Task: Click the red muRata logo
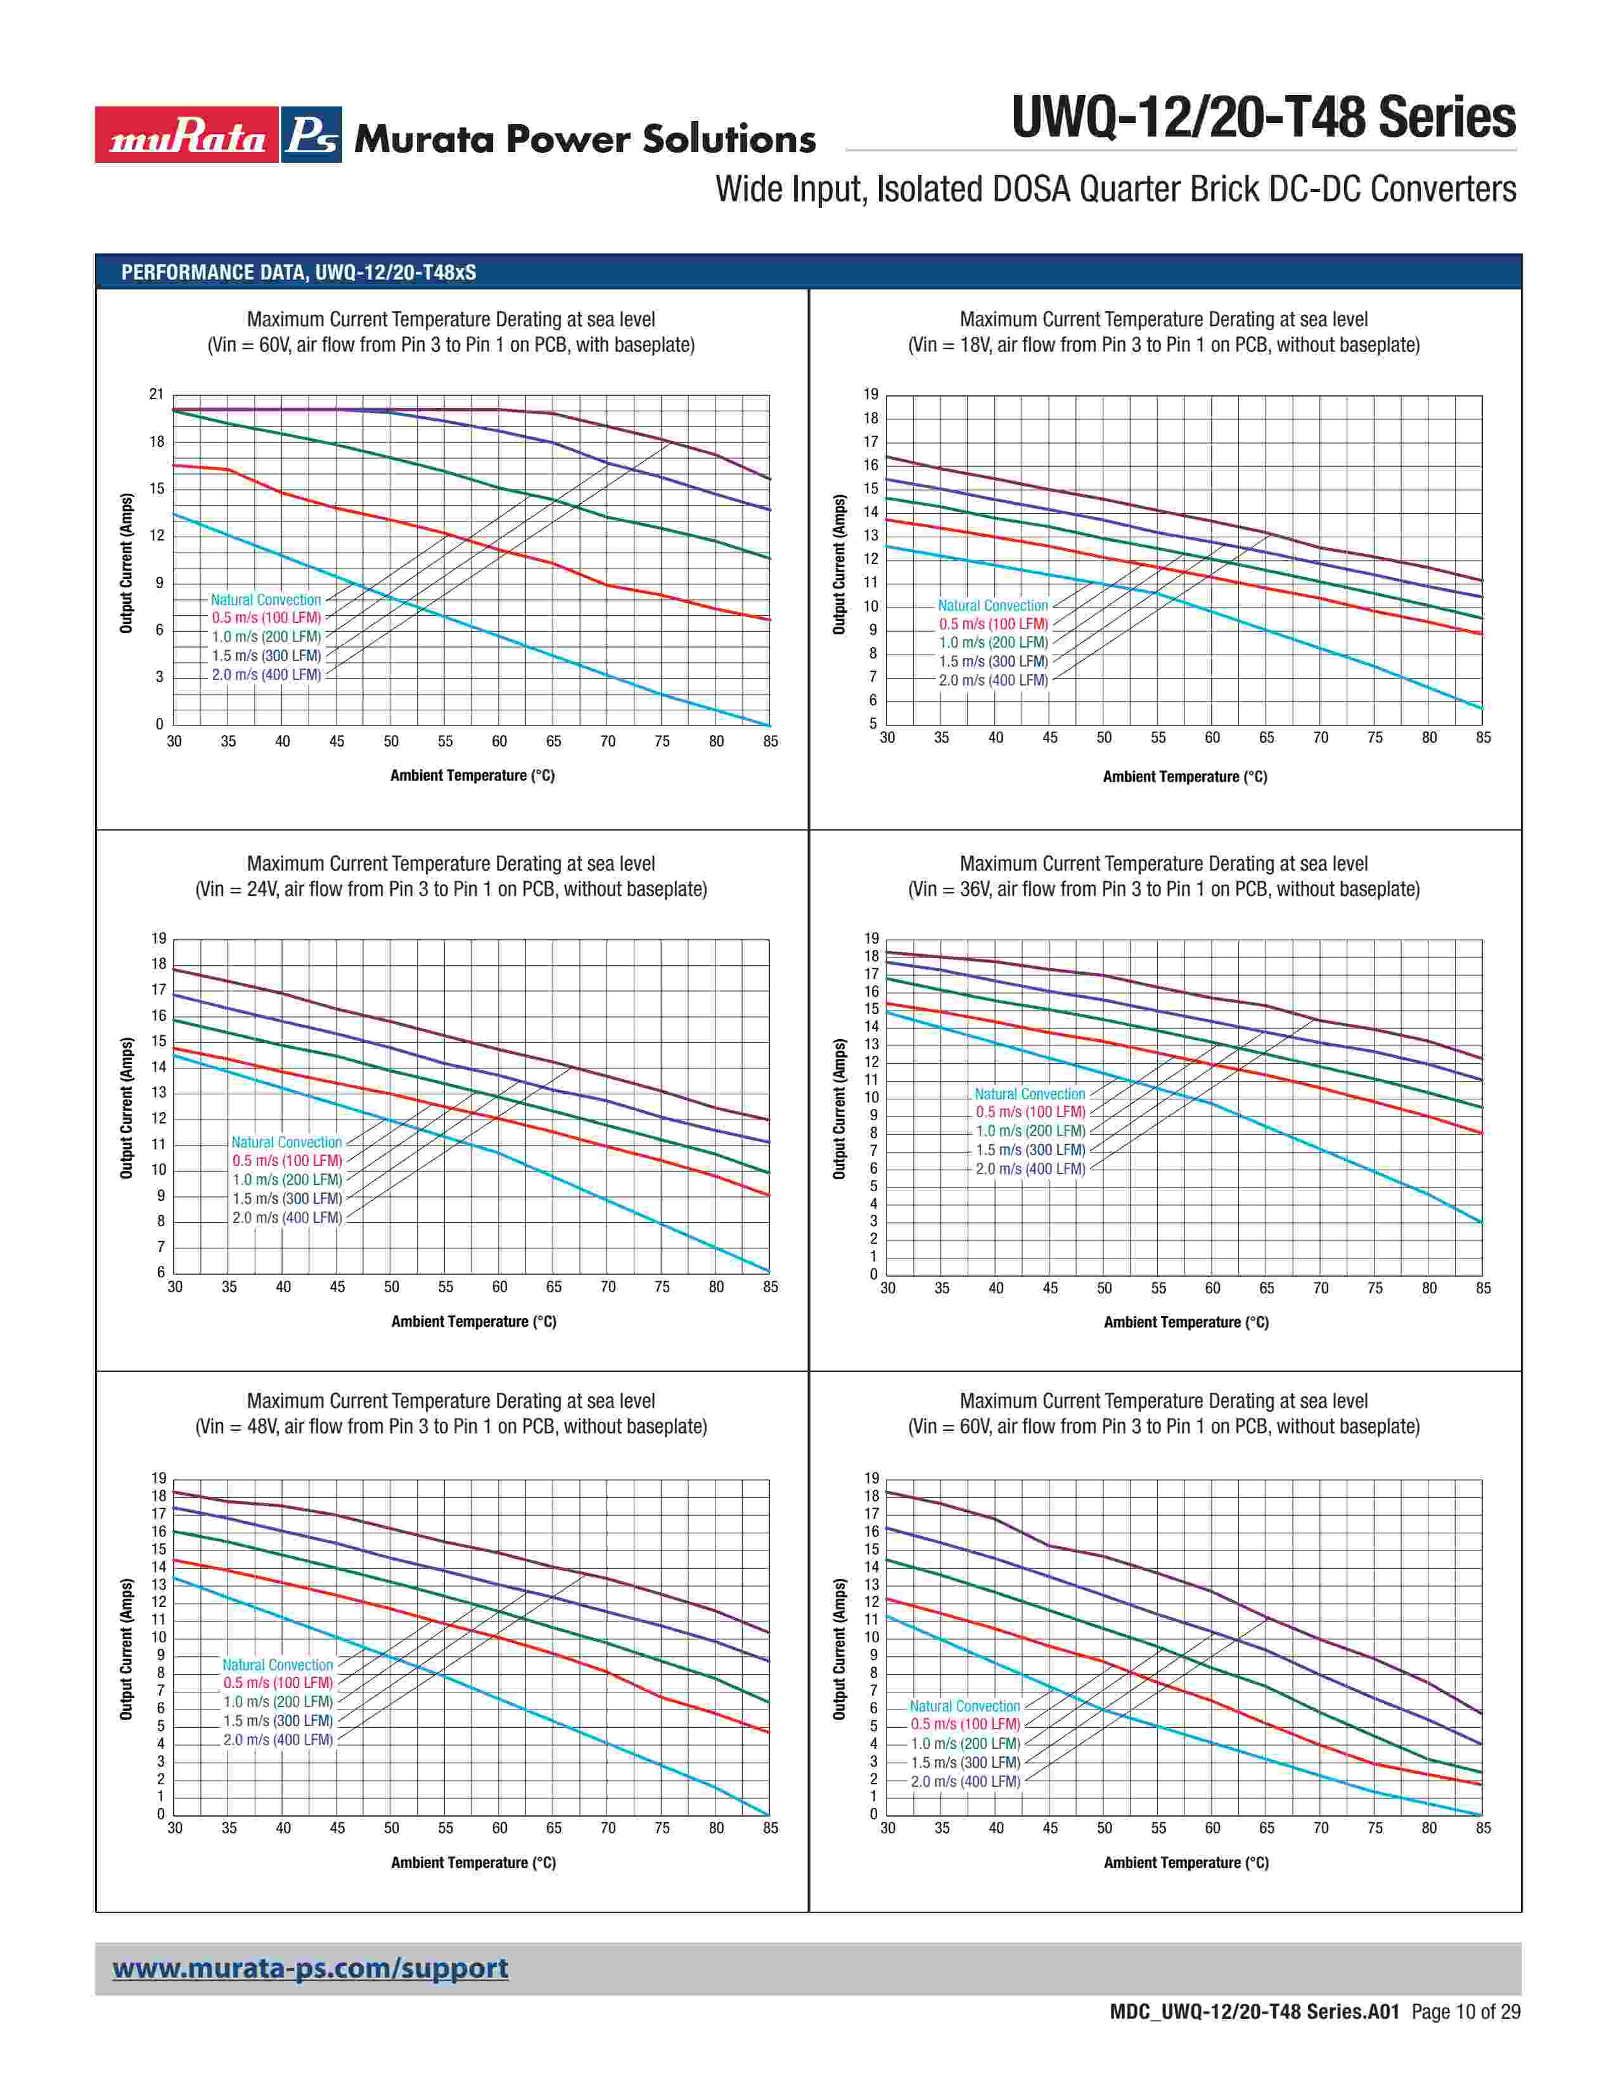tap(187, 135)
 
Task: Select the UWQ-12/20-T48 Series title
tap(1263, 118)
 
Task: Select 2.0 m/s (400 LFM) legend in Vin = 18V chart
tap(993, 681)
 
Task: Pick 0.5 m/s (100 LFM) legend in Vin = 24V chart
tap(286, 1160)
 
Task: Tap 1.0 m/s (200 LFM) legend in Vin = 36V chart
tap(1030, 1130)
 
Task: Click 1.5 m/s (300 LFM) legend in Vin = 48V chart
tap(278, 1720)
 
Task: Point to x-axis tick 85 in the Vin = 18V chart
tap(1483, 737)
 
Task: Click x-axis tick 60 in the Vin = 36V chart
tap(1212, 1289)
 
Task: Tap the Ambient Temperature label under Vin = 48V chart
tap(473, 1862)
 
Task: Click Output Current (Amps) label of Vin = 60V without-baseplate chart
tap(840, 1649)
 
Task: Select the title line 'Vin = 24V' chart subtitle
tap(451, 890)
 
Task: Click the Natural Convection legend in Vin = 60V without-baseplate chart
tap(964, 1706)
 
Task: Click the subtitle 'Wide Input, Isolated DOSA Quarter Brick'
tap(1115, 189)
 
